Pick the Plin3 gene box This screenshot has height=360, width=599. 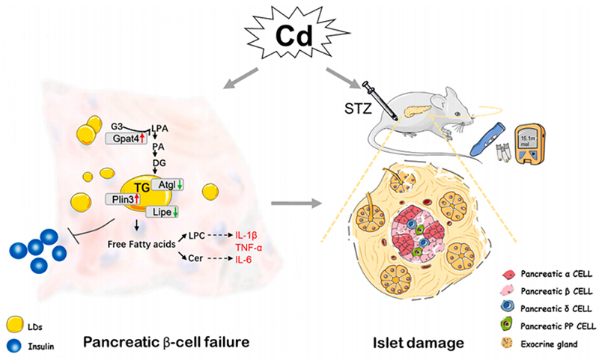coord(121,199)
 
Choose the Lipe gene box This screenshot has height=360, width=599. coord(162,213)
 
